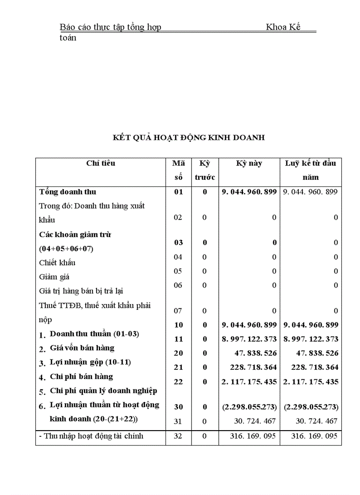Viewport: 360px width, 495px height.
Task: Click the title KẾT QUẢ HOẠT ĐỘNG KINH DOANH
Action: (x=189, y=138)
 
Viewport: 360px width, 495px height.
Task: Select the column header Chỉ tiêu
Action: (x=101, y=163)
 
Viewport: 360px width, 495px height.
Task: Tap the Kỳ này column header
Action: (x=249, y=164)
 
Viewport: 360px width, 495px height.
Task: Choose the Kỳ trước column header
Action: (x=205, y=170)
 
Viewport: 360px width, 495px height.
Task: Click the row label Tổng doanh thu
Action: (x=67, y=192)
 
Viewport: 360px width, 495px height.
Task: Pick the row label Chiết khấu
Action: (x=57, y=263)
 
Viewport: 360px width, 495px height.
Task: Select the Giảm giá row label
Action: (x=54, y=277)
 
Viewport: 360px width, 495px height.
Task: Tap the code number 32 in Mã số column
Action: (x=178, y=436)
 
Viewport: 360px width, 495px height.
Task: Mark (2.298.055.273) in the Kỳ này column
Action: (x=250, y=407)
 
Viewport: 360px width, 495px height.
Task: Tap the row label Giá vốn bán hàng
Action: (x=82, y=348)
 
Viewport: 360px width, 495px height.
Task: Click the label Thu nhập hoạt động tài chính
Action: (x=91, y=436)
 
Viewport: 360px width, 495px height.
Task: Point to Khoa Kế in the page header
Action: (x=283, y=27)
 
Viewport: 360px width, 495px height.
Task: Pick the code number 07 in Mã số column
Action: (x=178, y=311)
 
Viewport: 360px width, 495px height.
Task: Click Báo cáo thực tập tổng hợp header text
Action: (x=110, y=27)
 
